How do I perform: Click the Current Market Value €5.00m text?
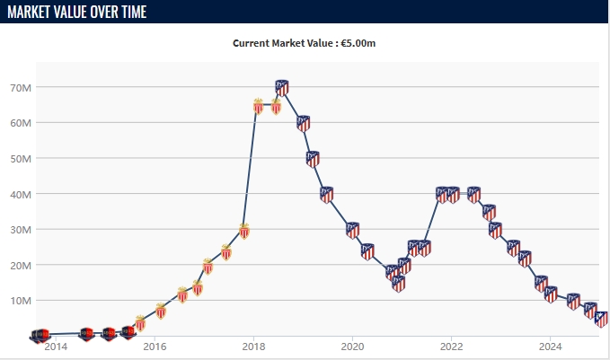pyautogui.click(x=305, y=43)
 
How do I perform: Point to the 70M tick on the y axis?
pyautogui.click(x=21, y=88)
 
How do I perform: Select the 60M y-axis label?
pyautogui.click(x=21, y=123)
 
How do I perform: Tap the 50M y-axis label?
pyautogui.click(x=21, y=159)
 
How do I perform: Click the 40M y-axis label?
pyautogui.click(x=21, y=194)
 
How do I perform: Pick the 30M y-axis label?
pyautogui.click(x=21, y=230)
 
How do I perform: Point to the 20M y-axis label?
pyautogui.click(x=21, y=265)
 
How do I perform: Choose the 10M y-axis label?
pyautogui.click(x=21, y=301)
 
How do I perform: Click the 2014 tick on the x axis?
pyautogui.click(x=56, y=347)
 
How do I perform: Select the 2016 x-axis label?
pyautogui.click(x=155, y=347)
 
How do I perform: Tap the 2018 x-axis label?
pyautogui.click(x=253, y=347)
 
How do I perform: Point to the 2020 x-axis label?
pyautogui.click(x=352, y=347)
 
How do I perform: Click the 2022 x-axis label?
pyautogui.click(x=451, y=347)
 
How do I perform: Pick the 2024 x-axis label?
pyautogui.click(x=550, y=347)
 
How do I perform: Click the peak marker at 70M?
pyautogui.click(x=282, y=87)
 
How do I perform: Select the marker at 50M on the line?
pyautogui.click(x=313, y=159)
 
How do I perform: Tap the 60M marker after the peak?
pyautogui.click(x=304, y=123)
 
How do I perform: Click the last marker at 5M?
pyautogui.click(x=602, y=319)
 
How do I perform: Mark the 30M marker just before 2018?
pyautogui.click(x=243, y=231)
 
